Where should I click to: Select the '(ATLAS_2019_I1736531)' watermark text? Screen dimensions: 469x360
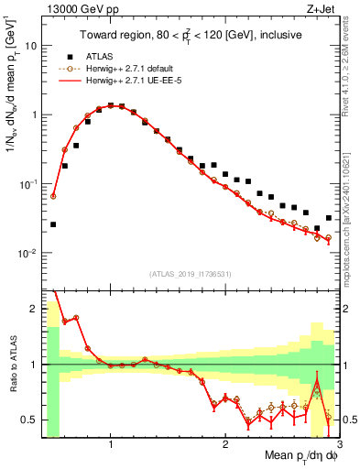[x=190, y=274]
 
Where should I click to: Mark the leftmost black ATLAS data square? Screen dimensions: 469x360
[x=53, y=224]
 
